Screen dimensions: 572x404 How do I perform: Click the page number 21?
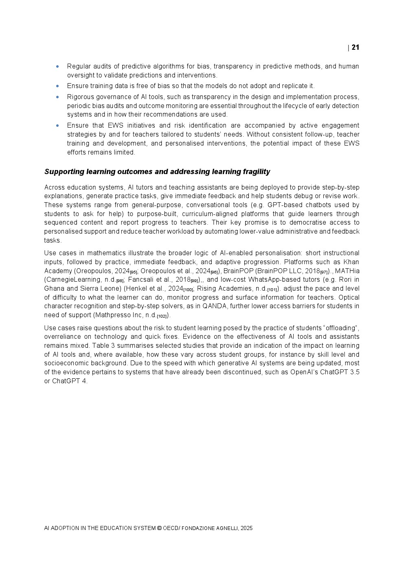pos(355,47)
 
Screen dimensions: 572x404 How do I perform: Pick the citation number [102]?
pos(162,316)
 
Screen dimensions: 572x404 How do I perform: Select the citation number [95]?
pos(133,272)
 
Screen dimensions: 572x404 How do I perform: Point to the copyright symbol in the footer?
pos(159,528)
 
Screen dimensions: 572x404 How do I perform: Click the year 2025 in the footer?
pos(246,528)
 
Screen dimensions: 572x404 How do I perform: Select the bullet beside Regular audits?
pos(57,66)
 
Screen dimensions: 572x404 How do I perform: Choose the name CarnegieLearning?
pos(73,280)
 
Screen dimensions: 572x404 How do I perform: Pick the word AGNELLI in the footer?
pos(225,528)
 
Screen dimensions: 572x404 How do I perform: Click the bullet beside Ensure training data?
pos(57,86)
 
